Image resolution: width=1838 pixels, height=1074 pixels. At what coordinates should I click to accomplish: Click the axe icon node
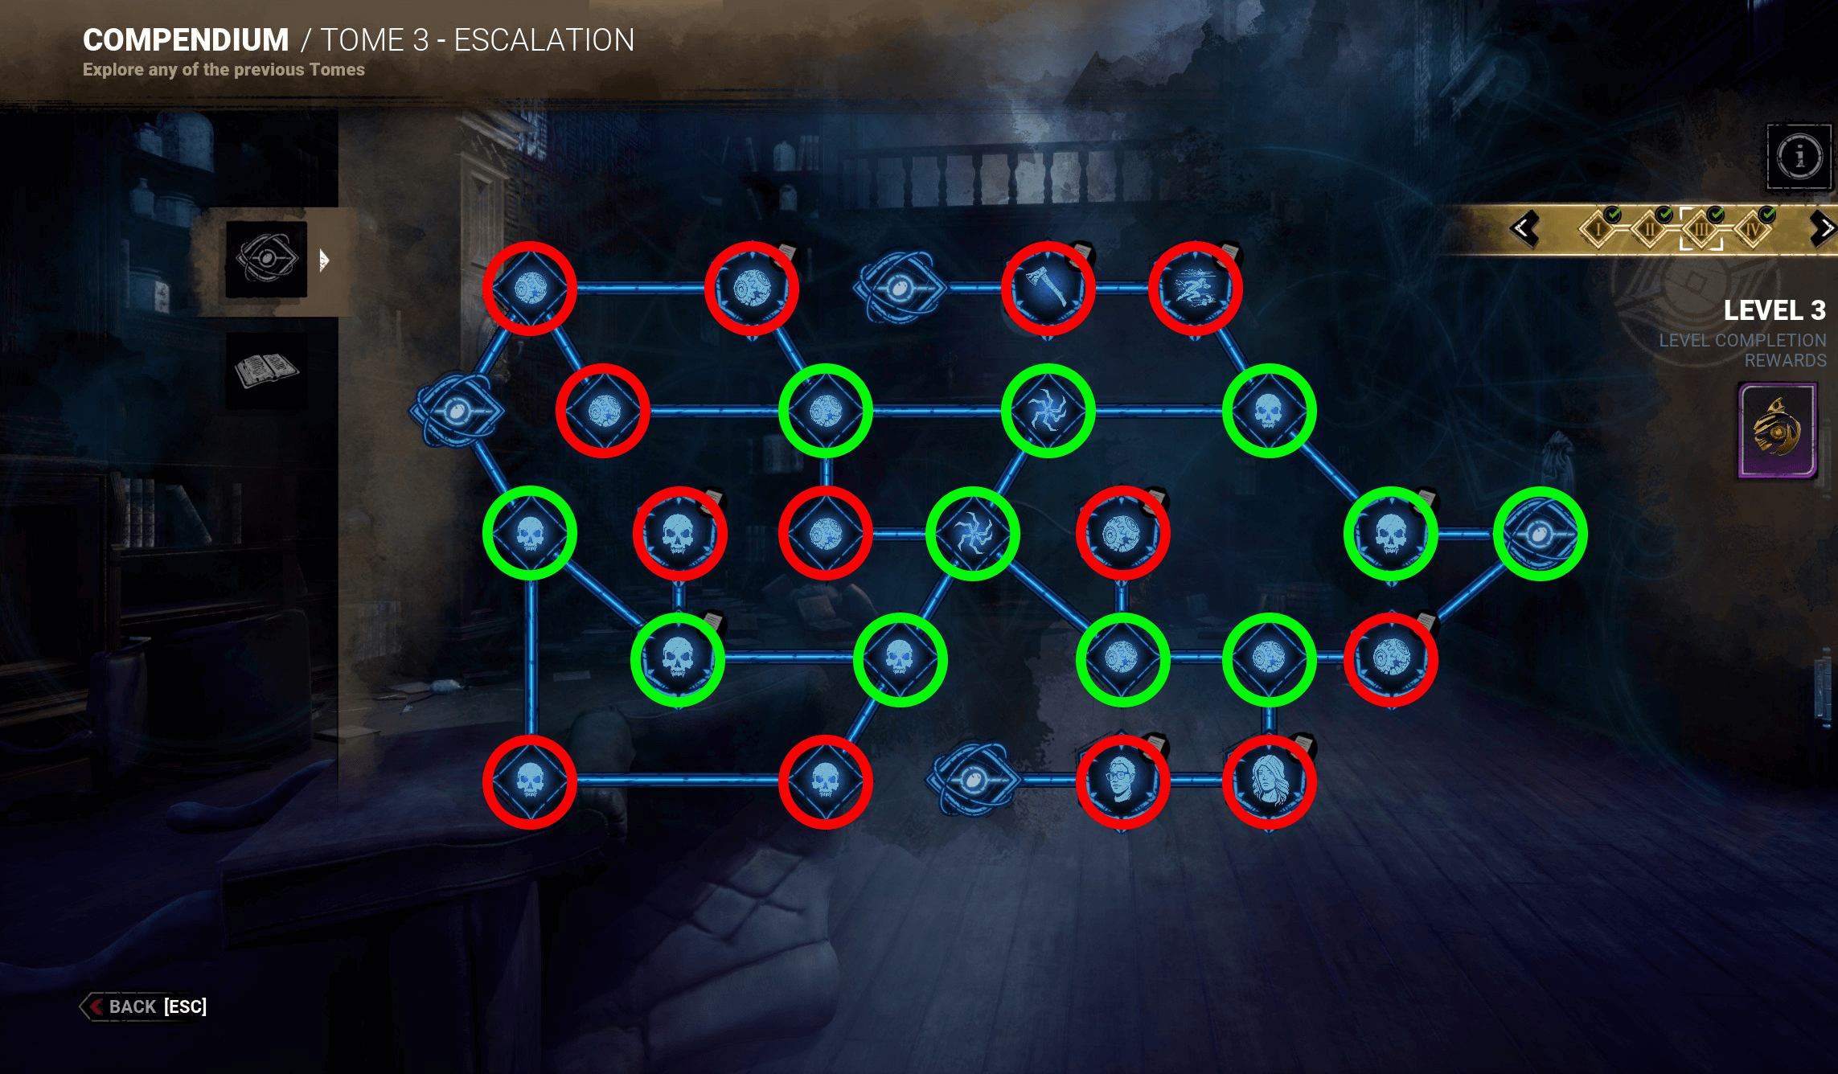click(1048, 288)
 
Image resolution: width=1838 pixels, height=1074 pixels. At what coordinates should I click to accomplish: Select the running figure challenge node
click(1196, 288)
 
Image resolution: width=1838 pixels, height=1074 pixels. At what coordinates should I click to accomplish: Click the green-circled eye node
click(1540, 534)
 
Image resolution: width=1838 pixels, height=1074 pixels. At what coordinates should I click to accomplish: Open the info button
click(1799, 156)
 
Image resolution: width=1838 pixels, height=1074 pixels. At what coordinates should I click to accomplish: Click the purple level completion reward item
click(1778, 431)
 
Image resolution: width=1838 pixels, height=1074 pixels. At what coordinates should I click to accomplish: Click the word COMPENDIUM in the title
click(186, 39)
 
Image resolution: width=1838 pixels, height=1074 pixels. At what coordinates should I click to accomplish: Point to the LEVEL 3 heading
click(1774, 310)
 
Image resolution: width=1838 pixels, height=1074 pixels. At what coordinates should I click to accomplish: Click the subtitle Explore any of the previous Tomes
click(224, 70)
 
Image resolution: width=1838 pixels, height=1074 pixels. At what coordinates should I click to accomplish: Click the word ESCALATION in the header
click(544, 39)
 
